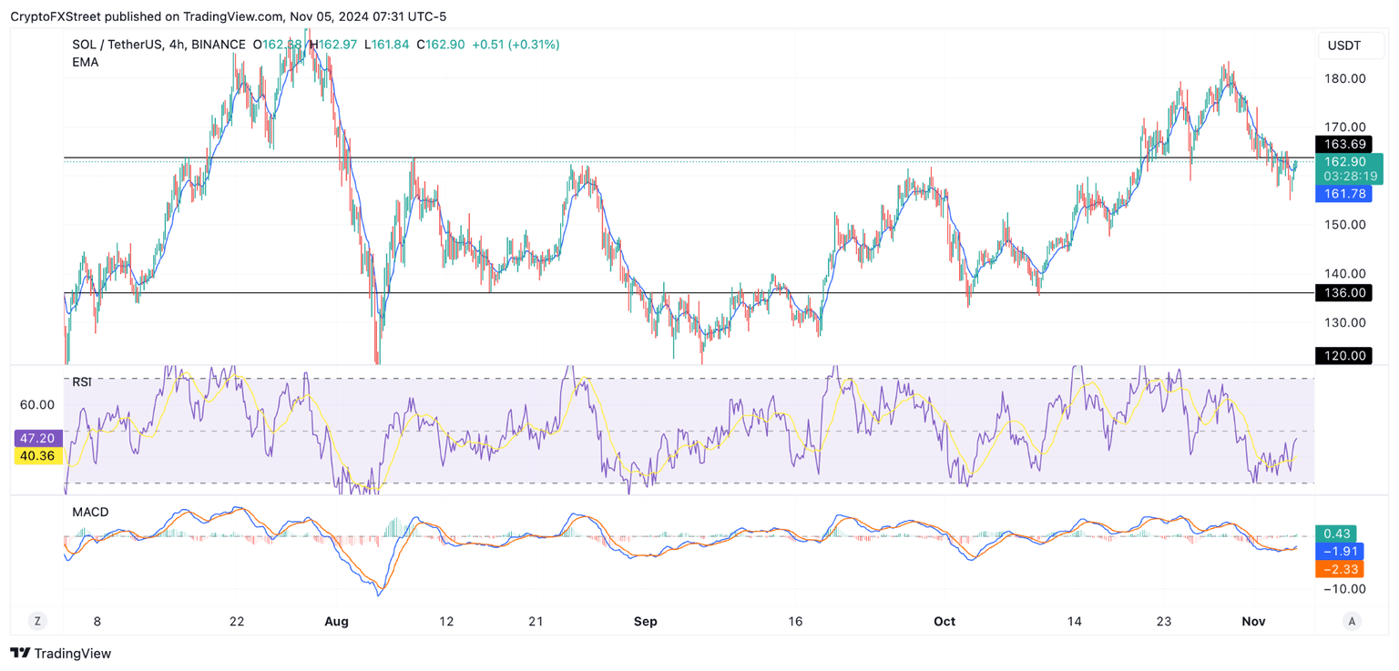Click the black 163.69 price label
point(1343,145)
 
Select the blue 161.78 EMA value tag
point(1343,194)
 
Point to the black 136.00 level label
point(1343,293)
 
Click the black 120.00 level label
point(1343,356)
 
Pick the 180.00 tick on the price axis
point(1344,78)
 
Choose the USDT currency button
point(1344,46)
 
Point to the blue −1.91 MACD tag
point(1339,552)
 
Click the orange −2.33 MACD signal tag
point(1339,569)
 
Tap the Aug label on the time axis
point(337,622)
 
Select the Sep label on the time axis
point(645,622)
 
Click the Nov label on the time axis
point(1254,622)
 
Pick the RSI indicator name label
point(82,382)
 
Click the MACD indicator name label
point(90,513)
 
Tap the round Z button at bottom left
point(37,622)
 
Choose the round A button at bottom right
point(1352,622)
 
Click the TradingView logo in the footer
point(60,653)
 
